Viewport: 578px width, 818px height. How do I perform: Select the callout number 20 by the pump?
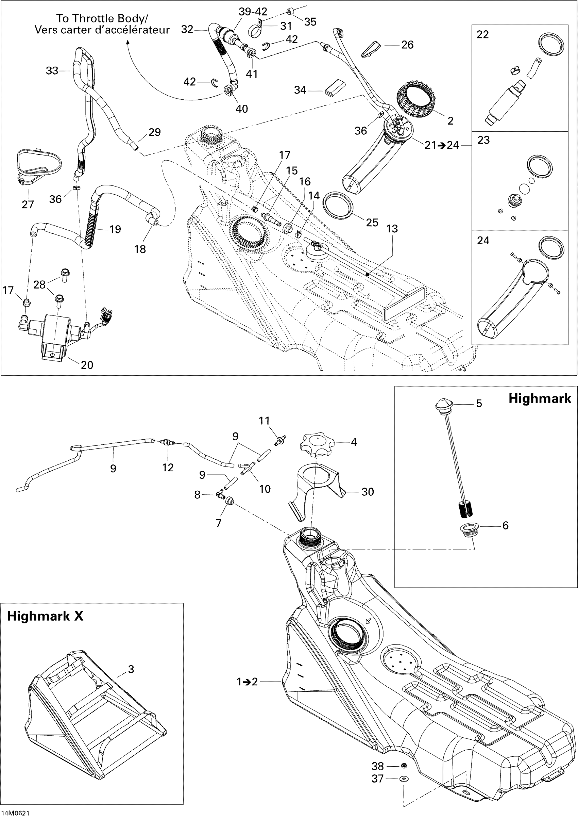pos(87,365)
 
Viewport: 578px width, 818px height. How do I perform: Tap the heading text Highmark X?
pos(45,616)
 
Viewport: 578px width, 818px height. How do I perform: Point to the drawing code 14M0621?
pos(15,813)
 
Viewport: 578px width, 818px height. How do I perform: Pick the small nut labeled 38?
pos(404,766)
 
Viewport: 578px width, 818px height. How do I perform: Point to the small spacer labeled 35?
pos(290,13)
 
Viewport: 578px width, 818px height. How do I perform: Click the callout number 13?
pos(392,229)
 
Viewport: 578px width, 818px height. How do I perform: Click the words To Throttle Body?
pos(102,18)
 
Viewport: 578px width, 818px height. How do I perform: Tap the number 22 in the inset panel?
pos(482,35)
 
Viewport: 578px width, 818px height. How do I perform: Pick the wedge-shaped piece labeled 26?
pos(370,48)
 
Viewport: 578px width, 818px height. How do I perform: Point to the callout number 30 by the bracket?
pos(368,492)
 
